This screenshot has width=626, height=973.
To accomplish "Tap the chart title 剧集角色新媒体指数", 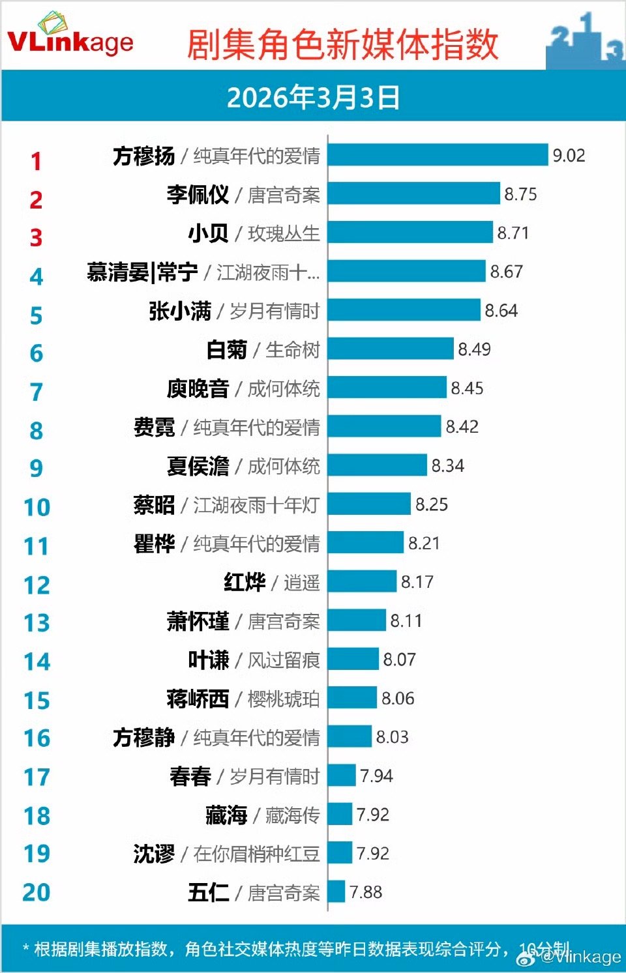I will click(342, 44).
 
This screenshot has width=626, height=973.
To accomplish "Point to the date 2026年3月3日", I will click(313, 97).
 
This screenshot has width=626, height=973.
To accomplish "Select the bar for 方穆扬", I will click(438, 155).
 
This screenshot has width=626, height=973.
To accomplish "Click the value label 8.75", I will click(520, 194).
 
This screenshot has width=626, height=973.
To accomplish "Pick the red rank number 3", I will click(36, 238).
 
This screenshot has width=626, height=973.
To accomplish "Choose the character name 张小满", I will click(180, 311).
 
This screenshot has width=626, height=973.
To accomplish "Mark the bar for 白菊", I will click(391, 349).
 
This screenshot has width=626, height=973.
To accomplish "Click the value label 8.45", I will click(467, 388).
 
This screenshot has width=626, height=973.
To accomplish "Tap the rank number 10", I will click(37, 507).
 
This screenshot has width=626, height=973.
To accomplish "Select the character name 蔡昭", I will click(155, 504).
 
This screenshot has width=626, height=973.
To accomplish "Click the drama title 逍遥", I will click(301, 582).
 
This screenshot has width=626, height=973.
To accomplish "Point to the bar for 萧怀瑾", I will click(357, 620).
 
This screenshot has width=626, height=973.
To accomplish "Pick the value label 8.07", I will click(399, 660).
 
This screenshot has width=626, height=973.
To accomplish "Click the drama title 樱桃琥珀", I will click(283, 699).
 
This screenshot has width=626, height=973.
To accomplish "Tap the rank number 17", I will click(37, 777).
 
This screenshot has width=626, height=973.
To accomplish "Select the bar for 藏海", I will click(340, 814).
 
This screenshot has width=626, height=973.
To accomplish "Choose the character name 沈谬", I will click(155, 853).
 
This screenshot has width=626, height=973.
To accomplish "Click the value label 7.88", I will click(366, 892).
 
